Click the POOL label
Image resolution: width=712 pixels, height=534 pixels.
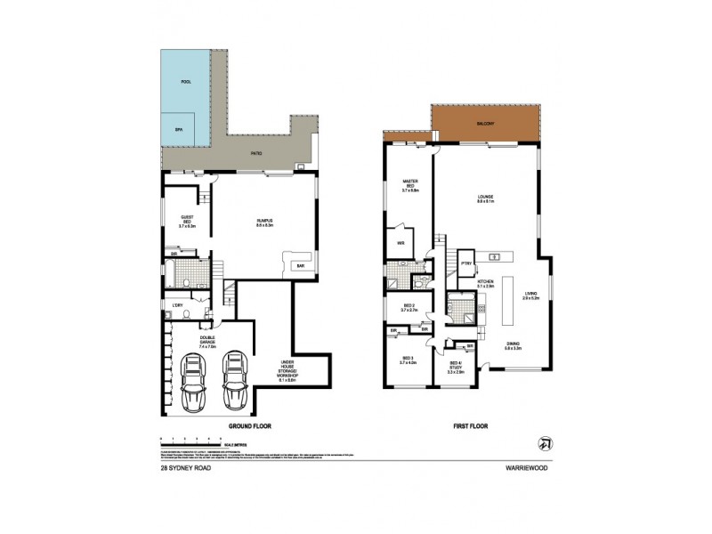186,82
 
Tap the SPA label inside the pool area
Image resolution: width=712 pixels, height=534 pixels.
178,128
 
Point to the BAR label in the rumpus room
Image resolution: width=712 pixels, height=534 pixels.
302,265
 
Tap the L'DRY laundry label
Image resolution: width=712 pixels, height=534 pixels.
178,307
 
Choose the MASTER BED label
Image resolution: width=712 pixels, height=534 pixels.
409,187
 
